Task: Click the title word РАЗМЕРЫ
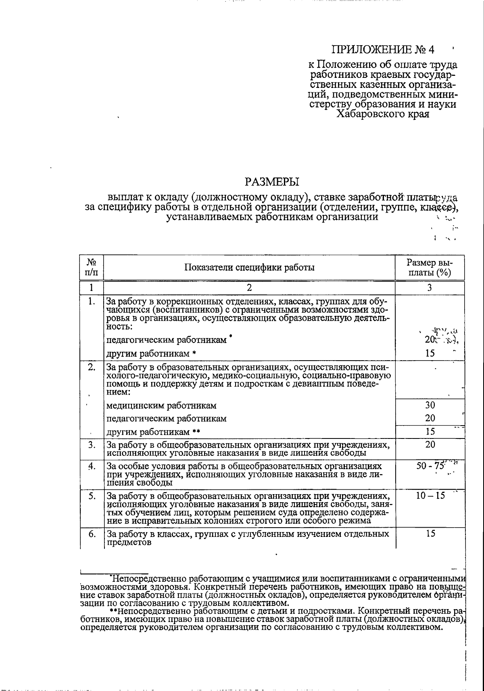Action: tap(272, 182)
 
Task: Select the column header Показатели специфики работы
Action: tap(249, 267)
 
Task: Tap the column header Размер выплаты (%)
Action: tap(429, 267)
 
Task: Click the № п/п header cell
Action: tap(92, 267)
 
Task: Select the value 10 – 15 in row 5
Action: tap(430, 496)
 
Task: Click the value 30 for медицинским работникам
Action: tap(430, 405)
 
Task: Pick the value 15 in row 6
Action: tap(430, 533)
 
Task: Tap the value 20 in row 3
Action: tap(430, 444)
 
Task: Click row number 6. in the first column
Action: tap(92, 534)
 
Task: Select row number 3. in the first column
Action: tap(92, 445)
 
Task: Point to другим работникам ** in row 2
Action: tap(153, 432)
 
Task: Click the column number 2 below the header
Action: tap(249, 288)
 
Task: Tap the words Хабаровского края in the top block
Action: tap(383, 114)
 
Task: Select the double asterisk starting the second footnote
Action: tap(113, 611)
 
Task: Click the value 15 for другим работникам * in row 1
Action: tap(430, 353)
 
